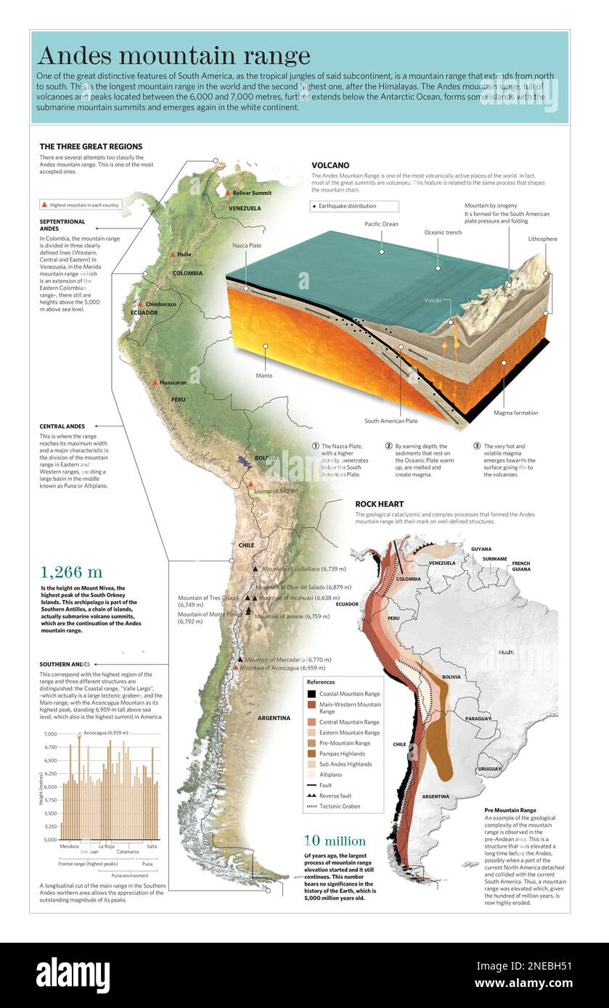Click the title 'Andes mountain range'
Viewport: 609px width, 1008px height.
[x=173, y=56]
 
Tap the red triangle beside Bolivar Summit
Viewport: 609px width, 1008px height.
[x=227, y=193]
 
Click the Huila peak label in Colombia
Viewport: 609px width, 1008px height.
[x=184, y=255]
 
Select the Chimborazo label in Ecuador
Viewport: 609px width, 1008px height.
[x=160, y=304]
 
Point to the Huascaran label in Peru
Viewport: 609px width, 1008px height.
[x=173, y=382]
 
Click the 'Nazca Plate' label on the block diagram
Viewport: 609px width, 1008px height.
[x=247, y=246]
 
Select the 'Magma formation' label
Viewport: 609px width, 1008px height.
[x=515, y=413]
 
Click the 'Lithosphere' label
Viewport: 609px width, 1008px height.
[x=543, y=239]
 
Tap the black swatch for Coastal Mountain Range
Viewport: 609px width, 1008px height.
[x=311, y=694]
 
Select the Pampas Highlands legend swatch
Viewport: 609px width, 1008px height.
[x=311, y=753]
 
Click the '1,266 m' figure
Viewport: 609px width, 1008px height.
[x=70, y=569]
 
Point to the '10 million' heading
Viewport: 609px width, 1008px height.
[x=335, y=841]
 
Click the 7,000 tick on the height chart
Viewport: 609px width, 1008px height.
[x=50, y=735]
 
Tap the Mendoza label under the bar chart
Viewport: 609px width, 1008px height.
[x=70, y=846]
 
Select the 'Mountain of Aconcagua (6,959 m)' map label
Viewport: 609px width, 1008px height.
[x=285, y=668]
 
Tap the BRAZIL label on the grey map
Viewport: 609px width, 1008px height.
[x=526, y=653]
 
